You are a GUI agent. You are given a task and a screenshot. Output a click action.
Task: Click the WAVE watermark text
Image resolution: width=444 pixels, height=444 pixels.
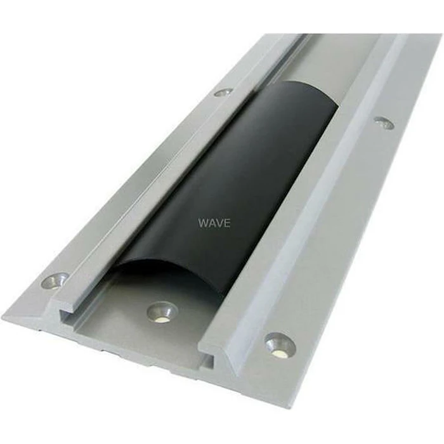pos(214,223)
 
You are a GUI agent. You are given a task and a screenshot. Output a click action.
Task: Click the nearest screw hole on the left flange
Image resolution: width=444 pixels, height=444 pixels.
pos(56,280)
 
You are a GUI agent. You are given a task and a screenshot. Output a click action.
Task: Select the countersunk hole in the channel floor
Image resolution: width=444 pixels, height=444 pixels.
pos(162,311)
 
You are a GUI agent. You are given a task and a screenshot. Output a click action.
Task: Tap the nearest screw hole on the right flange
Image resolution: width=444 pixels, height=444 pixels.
pos(280,344)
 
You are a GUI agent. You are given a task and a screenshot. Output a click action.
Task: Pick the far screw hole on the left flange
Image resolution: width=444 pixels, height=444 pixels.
pos(223,92)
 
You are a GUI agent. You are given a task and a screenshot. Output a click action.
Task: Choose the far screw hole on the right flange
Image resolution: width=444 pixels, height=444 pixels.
pos(383,122)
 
